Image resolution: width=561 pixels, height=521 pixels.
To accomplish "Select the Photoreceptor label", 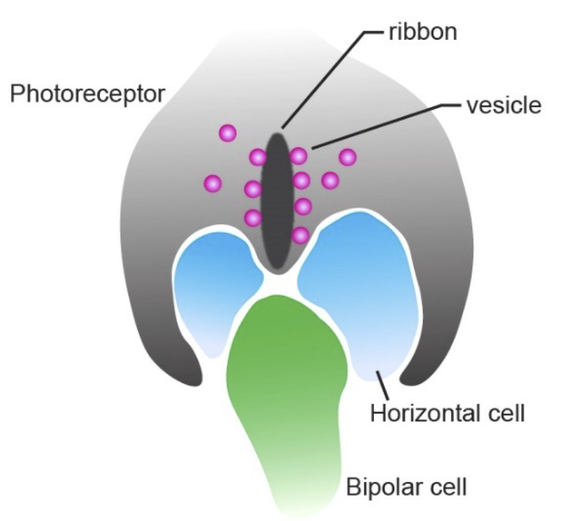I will [x=87, y=94].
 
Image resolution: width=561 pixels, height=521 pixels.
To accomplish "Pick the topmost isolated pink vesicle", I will [x=228, y=133].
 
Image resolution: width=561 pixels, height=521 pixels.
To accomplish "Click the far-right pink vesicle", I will [x=348, y=157].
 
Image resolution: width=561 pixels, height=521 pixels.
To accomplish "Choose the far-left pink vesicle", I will [x=213, y=183].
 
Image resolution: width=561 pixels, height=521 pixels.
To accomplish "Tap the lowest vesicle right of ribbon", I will [x=301, y=236].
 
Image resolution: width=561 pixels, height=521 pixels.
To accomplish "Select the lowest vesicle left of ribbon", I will [x=253, y=218].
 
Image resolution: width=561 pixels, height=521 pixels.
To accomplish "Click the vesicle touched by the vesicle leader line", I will [x=299, y=156].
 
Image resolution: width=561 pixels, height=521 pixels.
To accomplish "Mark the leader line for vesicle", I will [x=380, y=127].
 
